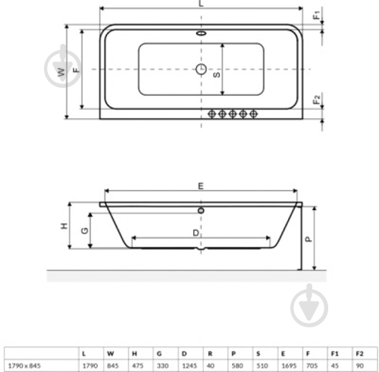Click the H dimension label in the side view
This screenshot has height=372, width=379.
tap(65, 226)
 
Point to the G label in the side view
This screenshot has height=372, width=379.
tap(85, 231)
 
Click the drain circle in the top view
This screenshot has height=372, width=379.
tap(202, 70)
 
